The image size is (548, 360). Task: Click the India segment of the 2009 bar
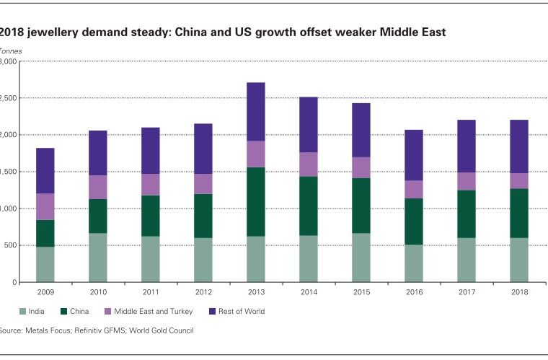45,264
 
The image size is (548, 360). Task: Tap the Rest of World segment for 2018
518,146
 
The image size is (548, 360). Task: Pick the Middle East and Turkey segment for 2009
45,206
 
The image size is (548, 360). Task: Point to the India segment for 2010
98,258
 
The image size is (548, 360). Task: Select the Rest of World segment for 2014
309,124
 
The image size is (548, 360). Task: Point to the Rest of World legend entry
238,312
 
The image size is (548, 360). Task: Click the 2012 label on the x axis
203,292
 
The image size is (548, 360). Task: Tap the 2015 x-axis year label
361,292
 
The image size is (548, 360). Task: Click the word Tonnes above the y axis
10,51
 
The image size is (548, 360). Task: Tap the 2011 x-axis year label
151,292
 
